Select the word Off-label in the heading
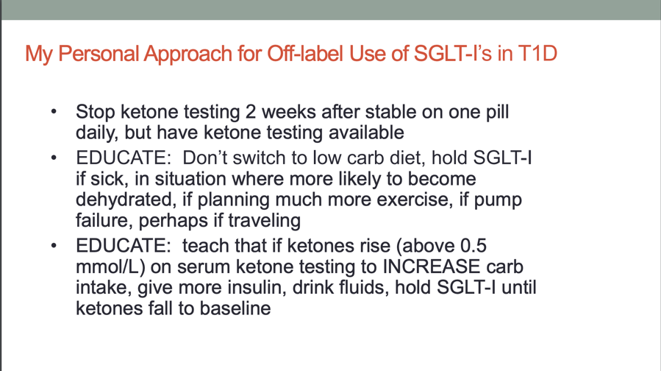(x=306, y=54)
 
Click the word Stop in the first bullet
(x=96, y=113)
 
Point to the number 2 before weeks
(x=251, y=112)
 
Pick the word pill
(x=496, y=113)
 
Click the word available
(x=366, y=132)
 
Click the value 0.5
(x=474, y=246)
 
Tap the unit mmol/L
(x=111, y=266)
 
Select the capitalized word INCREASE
(x=432, y=266)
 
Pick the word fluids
(x=364, y=287)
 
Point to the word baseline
(x=235, y=308)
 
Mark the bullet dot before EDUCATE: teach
(x=54, y=246)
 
